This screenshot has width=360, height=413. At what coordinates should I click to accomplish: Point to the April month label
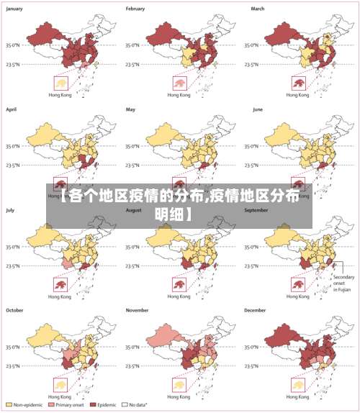click(x=11, y=109)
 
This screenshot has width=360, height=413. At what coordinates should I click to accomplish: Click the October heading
click(x=14, y=310)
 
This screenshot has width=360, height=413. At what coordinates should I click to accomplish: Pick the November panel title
click(x=138, y=310)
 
